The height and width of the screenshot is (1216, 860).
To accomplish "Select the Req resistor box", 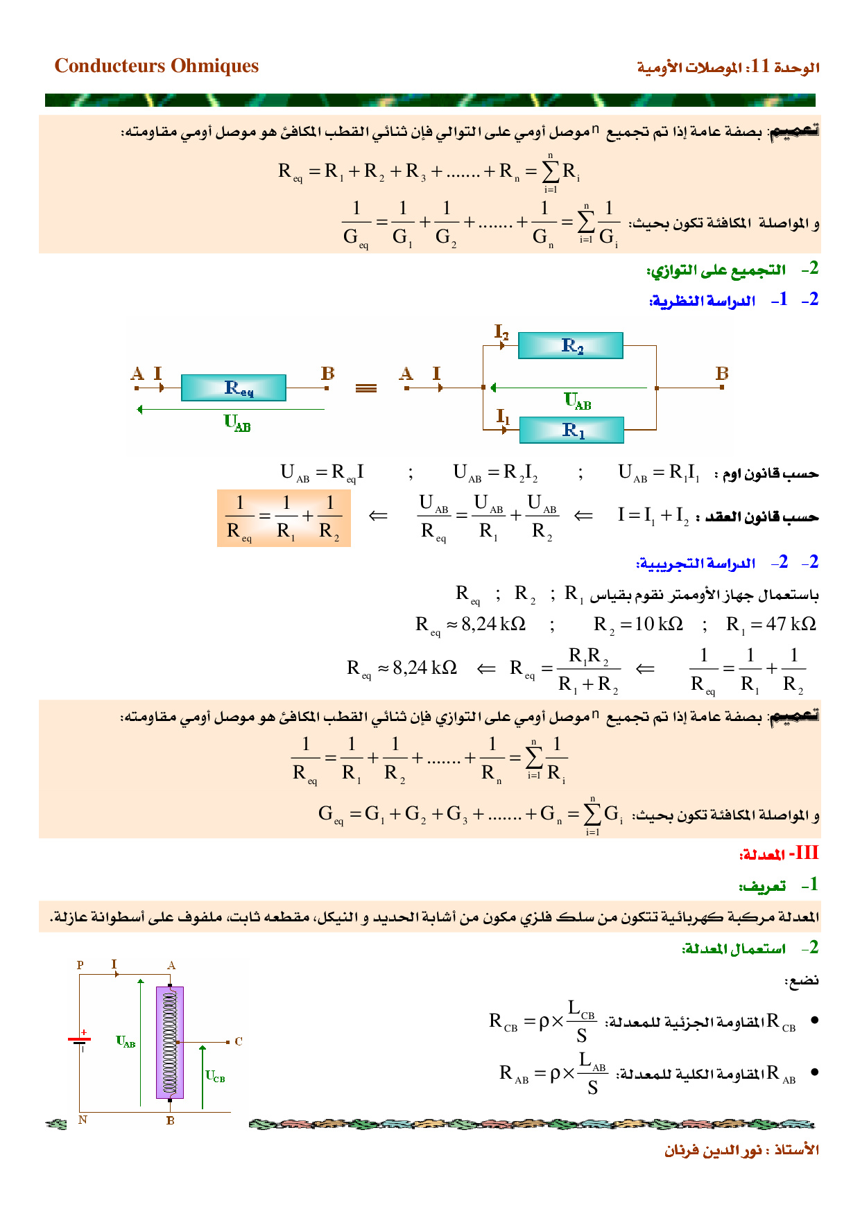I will [233, 388].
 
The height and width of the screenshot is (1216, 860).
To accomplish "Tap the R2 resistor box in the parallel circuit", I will [571, 345].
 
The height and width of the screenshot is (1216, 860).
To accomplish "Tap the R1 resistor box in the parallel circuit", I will [571, 431].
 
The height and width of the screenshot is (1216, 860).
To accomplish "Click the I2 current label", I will [501, 332].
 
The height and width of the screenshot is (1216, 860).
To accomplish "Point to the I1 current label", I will [503, 417].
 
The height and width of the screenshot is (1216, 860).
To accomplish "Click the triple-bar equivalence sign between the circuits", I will [365, 388].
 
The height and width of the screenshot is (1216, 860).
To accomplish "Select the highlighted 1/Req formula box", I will [284, 518].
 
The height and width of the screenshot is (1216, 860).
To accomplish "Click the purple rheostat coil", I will [170, 1042].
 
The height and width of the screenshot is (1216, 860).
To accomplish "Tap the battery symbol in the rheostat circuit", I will [80, 1041].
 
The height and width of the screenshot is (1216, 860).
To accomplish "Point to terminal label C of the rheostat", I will [239, 1041].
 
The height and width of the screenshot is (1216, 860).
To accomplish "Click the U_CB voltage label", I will [215, 1076].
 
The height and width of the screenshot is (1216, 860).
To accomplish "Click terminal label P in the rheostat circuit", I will [80, 965].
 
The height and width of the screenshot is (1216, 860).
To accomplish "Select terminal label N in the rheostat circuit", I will [83, 1120].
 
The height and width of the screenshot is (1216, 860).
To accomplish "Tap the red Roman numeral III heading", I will [807, 853].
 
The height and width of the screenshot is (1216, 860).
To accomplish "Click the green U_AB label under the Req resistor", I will [237, 422].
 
